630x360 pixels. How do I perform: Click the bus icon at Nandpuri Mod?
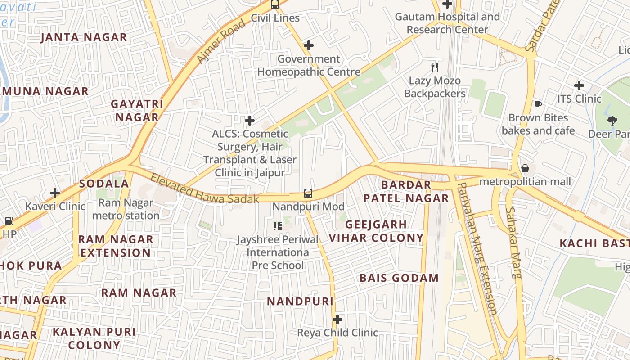(308, 193)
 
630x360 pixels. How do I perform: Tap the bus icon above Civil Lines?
(274, 4)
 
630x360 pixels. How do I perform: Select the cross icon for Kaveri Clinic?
(55, 193)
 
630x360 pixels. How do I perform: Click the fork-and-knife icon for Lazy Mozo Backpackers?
(434, 67)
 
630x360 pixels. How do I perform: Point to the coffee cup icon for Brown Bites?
(538, 105)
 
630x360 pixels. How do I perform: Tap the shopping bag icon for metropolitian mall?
(525, 169)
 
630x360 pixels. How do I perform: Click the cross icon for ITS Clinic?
(579, 85)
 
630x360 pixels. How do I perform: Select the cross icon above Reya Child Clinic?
(337, 319)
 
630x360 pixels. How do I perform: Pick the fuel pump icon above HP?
(9, 221)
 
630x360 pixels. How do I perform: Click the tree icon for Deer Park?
(612, 121)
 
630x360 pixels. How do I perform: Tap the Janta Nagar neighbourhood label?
(84, 37)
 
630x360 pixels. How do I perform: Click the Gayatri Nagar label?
(137, 111)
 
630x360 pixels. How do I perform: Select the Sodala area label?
(104, 184)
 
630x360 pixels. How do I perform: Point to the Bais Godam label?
(399, 278)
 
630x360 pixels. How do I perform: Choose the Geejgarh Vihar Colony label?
(376, 231)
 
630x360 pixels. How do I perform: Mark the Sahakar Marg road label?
(513, 243)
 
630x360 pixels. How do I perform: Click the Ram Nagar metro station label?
(126, 209)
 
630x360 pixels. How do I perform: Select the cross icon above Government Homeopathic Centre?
(308, 45)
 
